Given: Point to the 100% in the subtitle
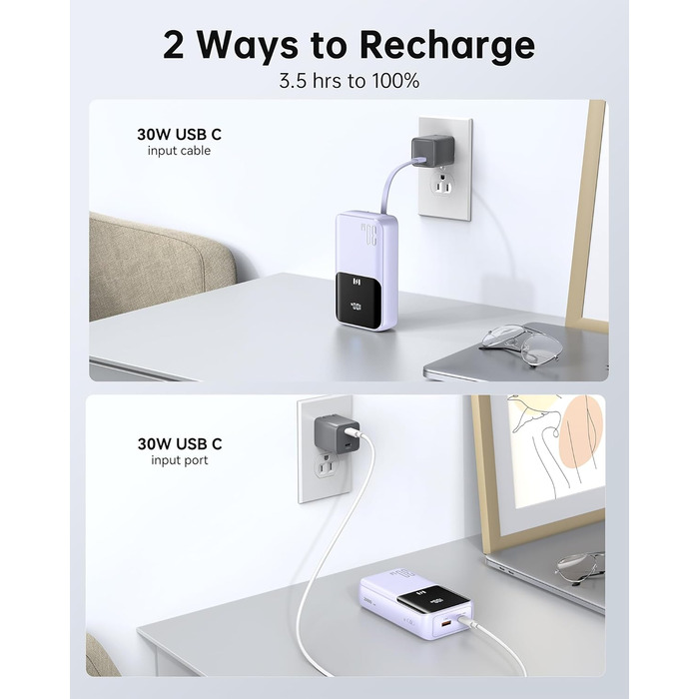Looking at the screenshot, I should (392, 81).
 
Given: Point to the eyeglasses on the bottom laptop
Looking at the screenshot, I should (579, 566).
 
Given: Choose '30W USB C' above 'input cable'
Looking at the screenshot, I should (180, 133).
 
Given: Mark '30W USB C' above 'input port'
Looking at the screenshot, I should (180, 443).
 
